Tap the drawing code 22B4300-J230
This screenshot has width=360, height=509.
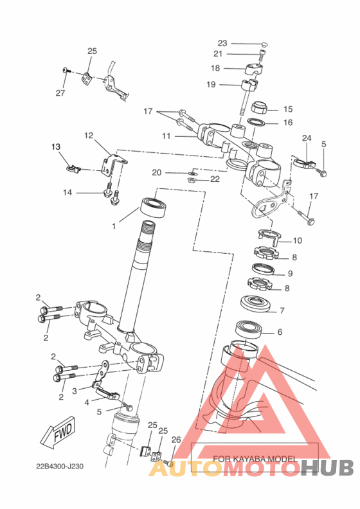59,467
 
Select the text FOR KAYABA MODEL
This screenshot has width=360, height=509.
255,459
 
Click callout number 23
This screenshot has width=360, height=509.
222,43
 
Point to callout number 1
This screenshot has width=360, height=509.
114,226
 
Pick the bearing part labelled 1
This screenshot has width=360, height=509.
154,207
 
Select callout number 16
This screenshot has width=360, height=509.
288,122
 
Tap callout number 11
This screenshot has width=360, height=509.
166,136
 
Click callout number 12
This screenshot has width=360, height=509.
89,136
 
